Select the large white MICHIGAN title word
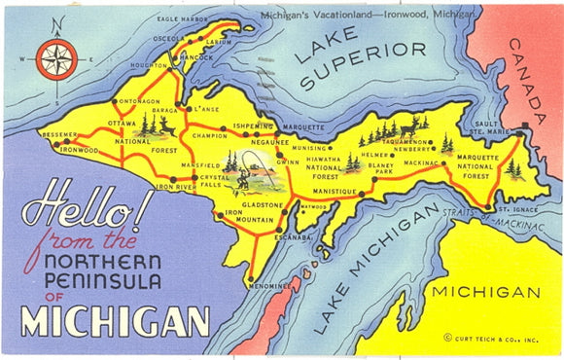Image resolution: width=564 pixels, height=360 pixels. pyautogui.click(x=115, y=320)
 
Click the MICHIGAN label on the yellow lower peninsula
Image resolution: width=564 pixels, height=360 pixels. pyautogui.click(x=485, y=292)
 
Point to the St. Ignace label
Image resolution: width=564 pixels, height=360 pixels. pyautogui.click(x=512, y=208)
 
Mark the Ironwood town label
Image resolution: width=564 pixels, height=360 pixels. pyautogui.click(x=81, y=150)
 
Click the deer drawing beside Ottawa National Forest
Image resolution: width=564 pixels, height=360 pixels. pyautogui.click(x=166, y=126)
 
